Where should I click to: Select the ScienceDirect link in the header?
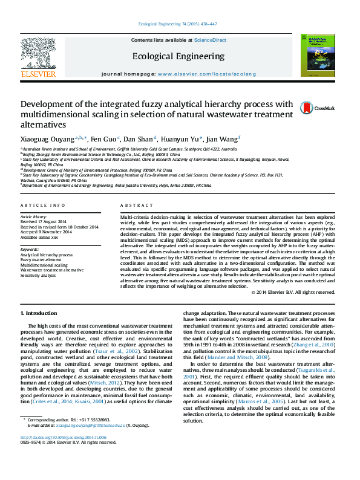(210, 40)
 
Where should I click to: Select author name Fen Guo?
(103, 140)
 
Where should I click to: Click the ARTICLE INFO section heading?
(43, 206)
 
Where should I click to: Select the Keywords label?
(30, 250)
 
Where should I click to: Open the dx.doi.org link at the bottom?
(64, 454)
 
